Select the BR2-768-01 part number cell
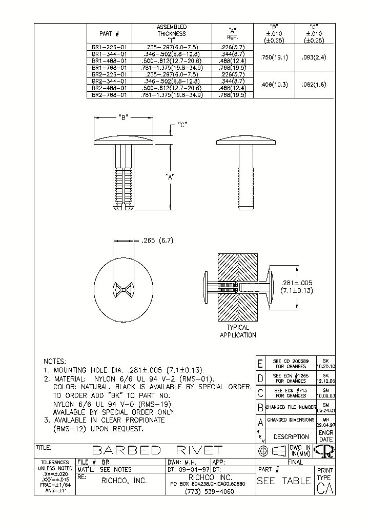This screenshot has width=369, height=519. coord(109,95)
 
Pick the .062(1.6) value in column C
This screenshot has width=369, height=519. coord(314,84)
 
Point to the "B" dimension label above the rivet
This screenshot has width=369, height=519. coord(124,117)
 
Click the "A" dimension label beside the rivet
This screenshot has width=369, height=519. coord(171,176)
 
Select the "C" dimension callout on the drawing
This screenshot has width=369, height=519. coord(182,124)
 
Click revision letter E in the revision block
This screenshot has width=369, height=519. coord(260,364)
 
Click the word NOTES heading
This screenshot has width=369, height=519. coord(55,361)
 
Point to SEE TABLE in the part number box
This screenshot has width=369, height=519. coord(283,481)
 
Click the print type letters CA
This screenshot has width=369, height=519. coord(325,489)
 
